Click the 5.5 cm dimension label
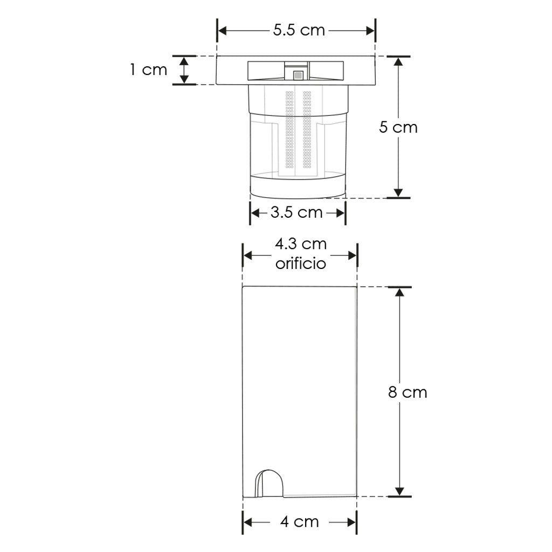pyautogui.click(x=299, y=30)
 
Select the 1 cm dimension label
pyautogui.click(x=148, y=70)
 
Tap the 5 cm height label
pyautogui.click(x=398, y=127)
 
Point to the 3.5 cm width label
pyautogui.click(x=296, y=212)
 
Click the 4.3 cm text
pyautogui.click(x=301, y=244)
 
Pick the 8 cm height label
pyautogui.click(x=408, y=392)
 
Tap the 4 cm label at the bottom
pyautogui.click(x=300, y=522)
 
